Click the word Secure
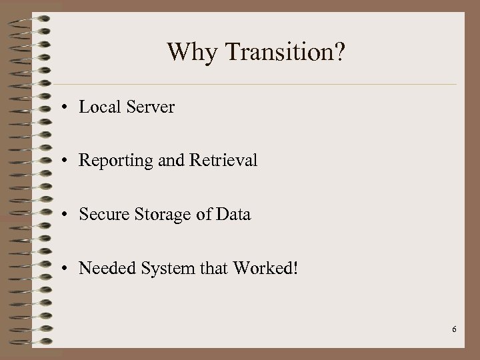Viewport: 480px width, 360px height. pyautogui.click(x=100, y=215)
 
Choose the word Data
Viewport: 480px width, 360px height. pyautogui.click(x=234, y=215)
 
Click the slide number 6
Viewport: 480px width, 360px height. pyautogui.click(x=453, y=330)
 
